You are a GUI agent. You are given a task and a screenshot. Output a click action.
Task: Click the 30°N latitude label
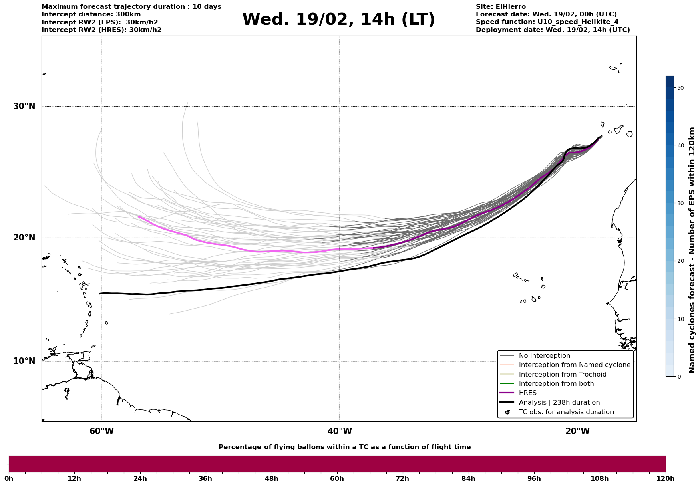pyautogui.click(x=24, y=106)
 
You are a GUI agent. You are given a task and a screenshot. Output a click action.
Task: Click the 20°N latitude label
pyautogui.click(x=24, y=238)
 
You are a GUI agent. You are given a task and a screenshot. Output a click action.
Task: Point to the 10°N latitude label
pyautogui.click(x=24, y=361)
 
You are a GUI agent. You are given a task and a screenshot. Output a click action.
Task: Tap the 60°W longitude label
pyautogui.click(x=101, y=431)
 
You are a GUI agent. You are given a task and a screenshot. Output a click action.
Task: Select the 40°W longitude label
pyautogui.click(x=340, y=431)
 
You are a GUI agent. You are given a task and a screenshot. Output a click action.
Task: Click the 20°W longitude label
pyautogui.click(x=577, y=431)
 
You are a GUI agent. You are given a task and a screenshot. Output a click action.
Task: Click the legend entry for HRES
pyautogui.click(x=527, y=393)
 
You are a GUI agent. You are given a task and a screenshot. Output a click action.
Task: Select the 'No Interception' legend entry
pyautogui.click(x=544, y=356)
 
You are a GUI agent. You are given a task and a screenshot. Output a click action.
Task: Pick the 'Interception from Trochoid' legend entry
pyautogui.click(x=562, y=375)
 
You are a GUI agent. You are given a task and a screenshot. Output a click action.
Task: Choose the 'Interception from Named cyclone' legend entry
pyautogui.click(x=574, y=365)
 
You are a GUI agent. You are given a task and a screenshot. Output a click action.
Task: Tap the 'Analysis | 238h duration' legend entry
pyautogui.click(x=559, y=403)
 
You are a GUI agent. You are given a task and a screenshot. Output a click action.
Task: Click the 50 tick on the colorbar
pyautogui.click(x=680, y=88)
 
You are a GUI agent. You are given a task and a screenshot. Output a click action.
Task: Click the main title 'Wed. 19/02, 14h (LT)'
pyautogui.click(x=338, y=20)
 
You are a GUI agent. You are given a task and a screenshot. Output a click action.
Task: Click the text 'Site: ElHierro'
pyautogui.click(x=501, y=7)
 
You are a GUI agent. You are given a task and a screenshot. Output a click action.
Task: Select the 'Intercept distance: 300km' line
pyautogui.click(x=91, y=14)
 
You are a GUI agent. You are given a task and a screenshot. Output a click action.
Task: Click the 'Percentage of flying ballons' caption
pyautogui.click(x=344, y=447)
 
